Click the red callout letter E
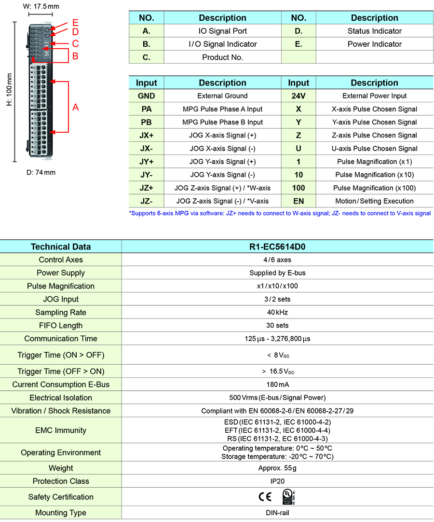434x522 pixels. click(75, 23)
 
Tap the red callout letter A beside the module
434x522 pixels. click(75, 108)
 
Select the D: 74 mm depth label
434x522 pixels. click(41, 172)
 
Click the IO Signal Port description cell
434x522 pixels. click(222, 31)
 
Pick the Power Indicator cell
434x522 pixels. click(374, 44)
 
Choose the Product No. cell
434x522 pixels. click(222, 57)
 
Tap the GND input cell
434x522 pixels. click(147, 96)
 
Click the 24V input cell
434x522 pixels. click(298, 96)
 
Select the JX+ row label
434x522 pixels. click(147, 136)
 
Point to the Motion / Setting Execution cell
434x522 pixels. click(374, 201)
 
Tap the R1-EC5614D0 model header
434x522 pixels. click(277, 247)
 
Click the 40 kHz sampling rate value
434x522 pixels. click(277, 313)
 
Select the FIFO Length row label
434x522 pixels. click(61, 326)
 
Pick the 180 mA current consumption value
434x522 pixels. click(277, 385)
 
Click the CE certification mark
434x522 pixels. click(265, 497)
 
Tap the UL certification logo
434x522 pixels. click(288, 496)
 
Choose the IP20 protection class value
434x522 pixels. click(277, 481)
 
